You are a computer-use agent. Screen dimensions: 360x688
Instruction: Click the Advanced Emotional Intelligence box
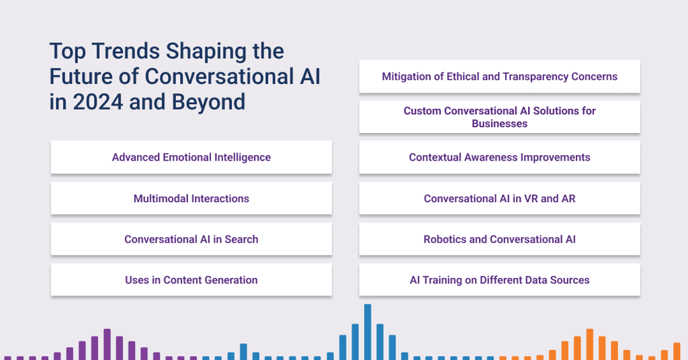(x=191, y=157)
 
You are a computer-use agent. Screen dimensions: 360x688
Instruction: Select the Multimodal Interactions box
(x=191, y=198)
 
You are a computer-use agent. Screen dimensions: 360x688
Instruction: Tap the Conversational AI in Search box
(x=191, y=239)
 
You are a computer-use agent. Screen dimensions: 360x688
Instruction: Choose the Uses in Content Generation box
(x=191, y=280)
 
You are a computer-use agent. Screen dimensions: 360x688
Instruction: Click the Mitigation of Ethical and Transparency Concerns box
(x=500, y=77)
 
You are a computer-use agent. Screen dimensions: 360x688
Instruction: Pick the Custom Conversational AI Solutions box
(x=500, y=117)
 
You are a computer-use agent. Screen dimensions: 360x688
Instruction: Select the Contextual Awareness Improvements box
(x=500, y=157)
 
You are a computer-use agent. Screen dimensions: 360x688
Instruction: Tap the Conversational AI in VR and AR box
(x=500, y=198)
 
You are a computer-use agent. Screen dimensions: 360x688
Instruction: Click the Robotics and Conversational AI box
(x=500, y=239)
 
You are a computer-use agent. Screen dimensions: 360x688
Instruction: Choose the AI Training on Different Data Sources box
(x=500, y=280)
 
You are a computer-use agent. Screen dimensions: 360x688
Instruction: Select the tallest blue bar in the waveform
(x=368, y=332)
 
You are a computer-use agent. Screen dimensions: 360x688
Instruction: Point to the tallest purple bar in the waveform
(x=107, y=344)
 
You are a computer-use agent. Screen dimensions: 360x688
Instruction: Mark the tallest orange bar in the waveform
(x=590, y=344)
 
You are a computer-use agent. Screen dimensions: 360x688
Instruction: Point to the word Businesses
(x=500, y=124)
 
